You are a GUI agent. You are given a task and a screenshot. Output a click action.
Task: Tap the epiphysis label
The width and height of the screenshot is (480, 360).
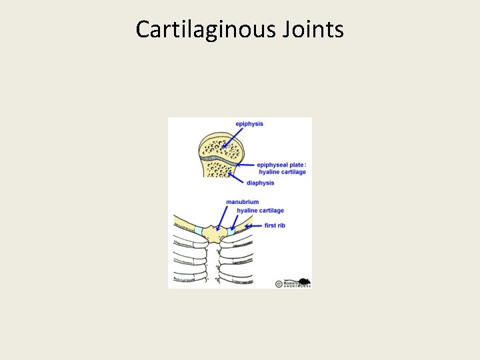[249, 124]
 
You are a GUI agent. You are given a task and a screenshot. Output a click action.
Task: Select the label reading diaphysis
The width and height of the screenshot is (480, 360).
[260, 183]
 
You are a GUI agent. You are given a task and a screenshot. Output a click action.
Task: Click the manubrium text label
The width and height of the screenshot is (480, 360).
[242, 202]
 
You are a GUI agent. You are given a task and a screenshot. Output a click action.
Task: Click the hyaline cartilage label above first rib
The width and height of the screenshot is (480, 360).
[260, 211]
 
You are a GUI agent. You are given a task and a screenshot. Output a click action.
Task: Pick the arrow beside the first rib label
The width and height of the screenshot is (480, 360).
[253, 227]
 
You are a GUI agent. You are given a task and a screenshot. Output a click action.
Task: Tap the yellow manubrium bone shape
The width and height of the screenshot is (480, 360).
[214, 235]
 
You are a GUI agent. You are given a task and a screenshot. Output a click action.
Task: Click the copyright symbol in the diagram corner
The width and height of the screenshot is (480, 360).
[279, 283]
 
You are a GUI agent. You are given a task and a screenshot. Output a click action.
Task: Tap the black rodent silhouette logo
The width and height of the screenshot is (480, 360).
[303, 281]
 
